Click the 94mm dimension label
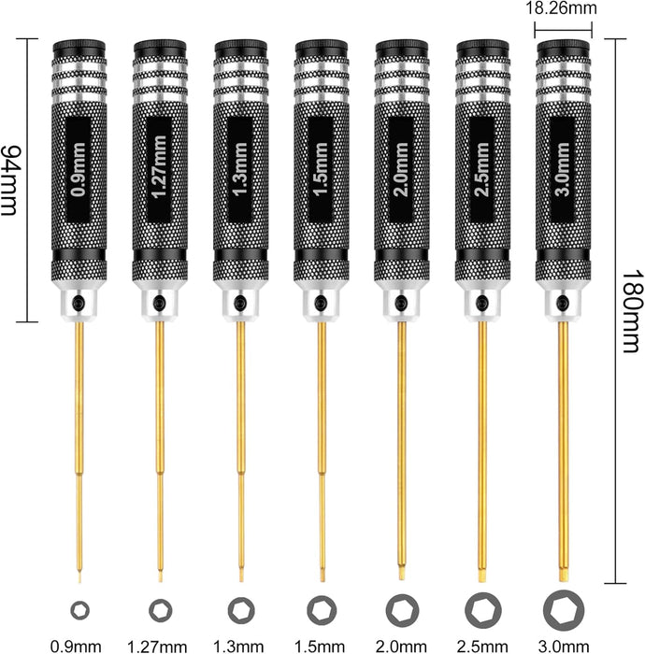pos(8,180)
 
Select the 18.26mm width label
pos(561,8)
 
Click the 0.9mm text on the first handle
pos(79,169)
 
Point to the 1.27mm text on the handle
pos(159,167)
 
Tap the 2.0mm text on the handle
pos(401,169)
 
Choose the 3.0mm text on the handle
pos(563,169)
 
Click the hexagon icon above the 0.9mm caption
pos(79,611)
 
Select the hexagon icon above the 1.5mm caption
pos(322,611)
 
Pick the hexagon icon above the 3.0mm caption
pos(564,611)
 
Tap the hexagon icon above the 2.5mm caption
pos(483,611)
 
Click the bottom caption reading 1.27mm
pos(157,647)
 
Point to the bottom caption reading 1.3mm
pos(238,647)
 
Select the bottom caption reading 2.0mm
pos(401,647)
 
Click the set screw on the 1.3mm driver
pos(239,303)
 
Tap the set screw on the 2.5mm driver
pos(481,303)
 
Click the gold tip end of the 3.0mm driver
pos(564,576)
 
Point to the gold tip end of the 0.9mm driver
pos(79,579)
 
